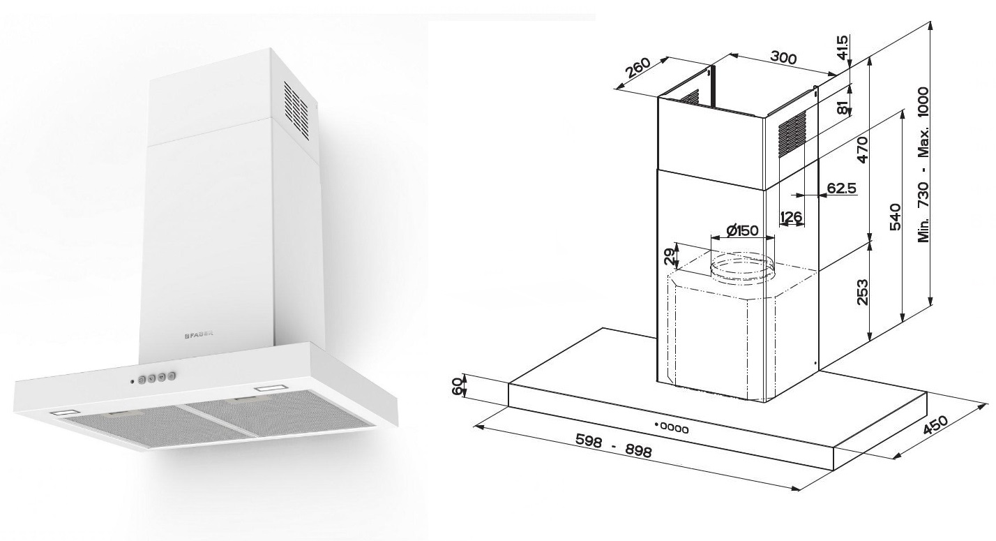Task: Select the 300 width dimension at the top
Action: [x=785, y=59]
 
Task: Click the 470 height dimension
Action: [x=862, y=150]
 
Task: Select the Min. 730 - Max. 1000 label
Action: [x=925, y=165]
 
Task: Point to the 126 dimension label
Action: [x=791, y=218]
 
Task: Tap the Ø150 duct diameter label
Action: [x=741, y=231]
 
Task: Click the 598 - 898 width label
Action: [x=614, y=447]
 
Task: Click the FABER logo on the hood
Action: [x=198, y=334]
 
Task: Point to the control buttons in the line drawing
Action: [x=672, y=427]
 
